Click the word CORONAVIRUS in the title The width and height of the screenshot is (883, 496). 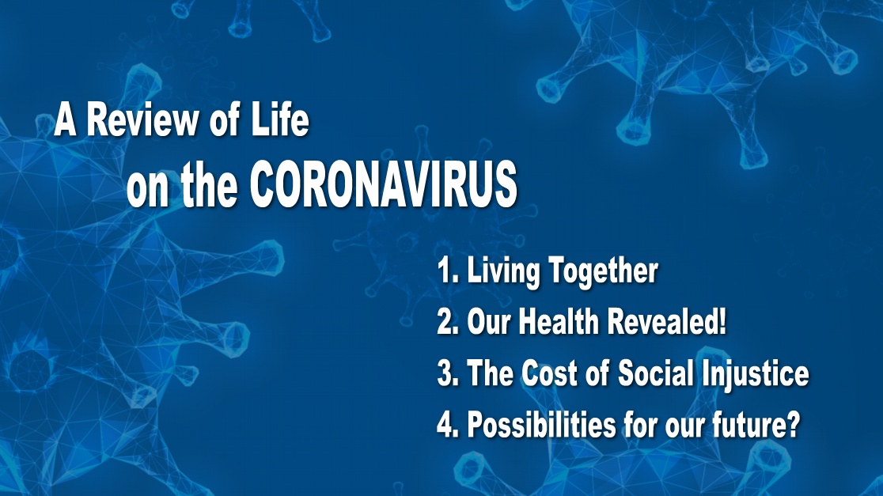click(384, 184)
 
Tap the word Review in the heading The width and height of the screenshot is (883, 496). click(142, 120)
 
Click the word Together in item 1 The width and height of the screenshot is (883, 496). click(604, 271)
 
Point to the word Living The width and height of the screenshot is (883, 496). click(503, 271)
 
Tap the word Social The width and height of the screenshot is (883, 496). click(655, 373)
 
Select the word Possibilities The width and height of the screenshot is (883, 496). click(541, 425)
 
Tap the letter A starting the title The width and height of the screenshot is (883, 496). click(65, 120)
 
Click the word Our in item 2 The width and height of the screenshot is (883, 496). click(488, 323)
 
